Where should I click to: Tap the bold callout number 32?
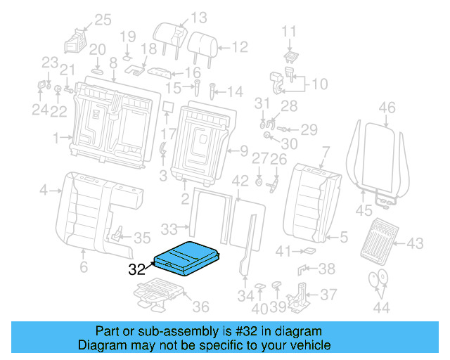(138, 269)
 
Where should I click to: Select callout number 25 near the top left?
(103, 20)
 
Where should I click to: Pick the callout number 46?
(387, 108)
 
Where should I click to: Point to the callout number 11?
(290, 31)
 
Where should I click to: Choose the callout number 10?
(319, 84)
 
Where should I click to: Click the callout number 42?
(240, 181)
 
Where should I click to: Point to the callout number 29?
(309, 129)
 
